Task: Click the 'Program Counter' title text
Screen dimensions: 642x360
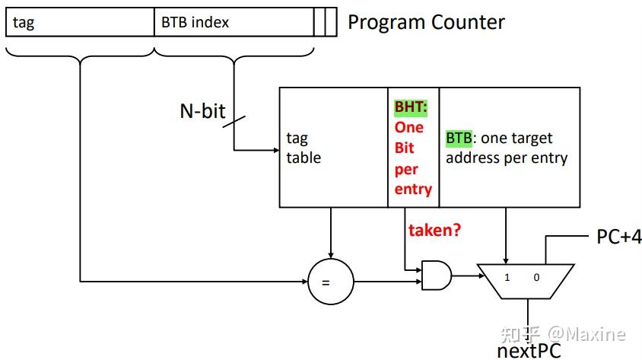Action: click(x=426, y=22)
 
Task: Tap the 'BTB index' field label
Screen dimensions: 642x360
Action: click(x=195, y=22)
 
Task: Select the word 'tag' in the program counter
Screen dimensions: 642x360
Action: click(x=24, y=23)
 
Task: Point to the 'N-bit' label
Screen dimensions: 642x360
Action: click(x=202, y=111)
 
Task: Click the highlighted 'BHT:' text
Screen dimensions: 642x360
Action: click(x=411, y=107)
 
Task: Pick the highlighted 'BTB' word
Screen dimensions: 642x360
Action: click(x=459, y=138)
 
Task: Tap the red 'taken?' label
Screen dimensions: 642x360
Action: click(x=434, y=230)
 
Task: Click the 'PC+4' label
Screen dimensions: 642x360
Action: click(x=618, y=237)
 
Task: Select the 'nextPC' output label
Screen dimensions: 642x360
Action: click(x=529, y=352)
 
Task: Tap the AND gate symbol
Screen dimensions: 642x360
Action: click(x=437, y=276)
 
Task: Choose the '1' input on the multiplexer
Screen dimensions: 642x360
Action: click(x=507, y=277)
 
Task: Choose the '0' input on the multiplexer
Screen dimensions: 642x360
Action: click(x=536, y=277)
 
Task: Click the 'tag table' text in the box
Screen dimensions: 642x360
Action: click(x=304, y=148)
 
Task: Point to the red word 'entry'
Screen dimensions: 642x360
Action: click(x=413, y=190)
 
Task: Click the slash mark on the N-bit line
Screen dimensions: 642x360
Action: click(x=234, y=122)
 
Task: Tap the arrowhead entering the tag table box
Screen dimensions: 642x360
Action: click(x=277, y=150)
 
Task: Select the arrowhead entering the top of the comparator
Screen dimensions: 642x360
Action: click(x=330, y=256)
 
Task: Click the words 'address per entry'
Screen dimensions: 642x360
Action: click(x=507, y=158)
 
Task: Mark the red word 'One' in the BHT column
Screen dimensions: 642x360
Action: click(x=408, y=127)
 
